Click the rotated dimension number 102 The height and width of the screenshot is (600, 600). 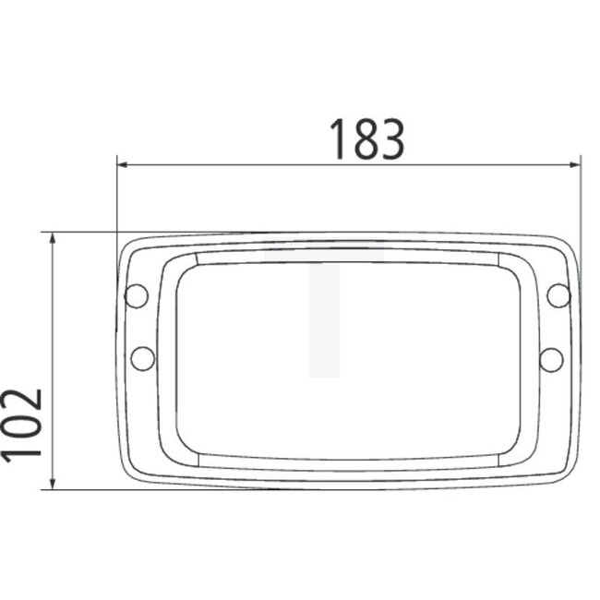click(22, 424)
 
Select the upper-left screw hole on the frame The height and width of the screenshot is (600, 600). click(136, 295)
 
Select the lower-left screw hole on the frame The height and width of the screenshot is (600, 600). click(143, 356)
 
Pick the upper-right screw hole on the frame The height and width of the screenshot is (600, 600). click(558, 295)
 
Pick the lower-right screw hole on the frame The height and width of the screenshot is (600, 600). click(551, 358)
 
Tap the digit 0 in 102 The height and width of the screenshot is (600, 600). click(22, 424)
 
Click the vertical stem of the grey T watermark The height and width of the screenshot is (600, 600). click(324, 323)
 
